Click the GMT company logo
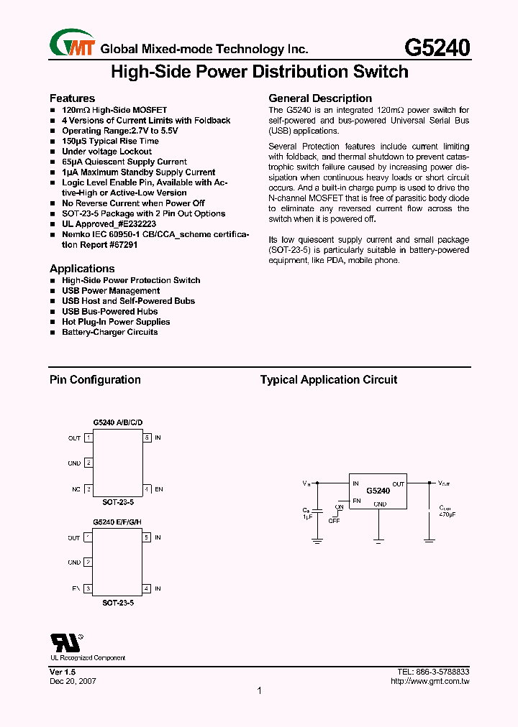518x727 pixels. (72, 44)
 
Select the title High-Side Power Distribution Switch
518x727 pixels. (259, 72)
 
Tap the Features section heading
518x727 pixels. (72, 98)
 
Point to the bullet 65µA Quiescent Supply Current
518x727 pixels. (124, 162)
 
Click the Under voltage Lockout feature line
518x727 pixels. (106, 152)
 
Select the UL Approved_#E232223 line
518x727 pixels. (109, 224)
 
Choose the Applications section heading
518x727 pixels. (81, 269)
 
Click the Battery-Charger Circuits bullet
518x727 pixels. (109, 332)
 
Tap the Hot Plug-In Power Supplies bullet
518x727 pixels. (116, 322)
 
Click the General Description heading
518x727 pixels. (320, 98)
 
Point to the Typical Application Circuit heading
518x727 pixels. (328, 380)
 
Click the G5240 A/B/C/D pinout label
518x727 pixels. (117, 423)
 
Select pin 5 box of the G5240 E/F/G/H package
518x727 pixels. (147, 537)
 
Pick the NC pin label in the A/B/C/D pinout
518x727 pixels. (76, 489)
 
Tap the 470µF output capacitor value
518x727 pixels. (447, 515)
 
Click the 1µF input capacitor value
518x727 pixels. (307, 517)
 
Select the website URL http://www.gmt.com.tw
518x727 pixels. (430, 681)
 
